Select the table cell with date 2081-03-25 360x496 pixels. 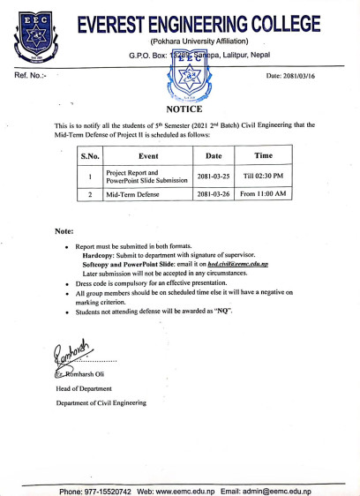click(213, 177)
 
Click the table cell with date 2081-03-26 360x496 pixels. click(213, 195)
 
